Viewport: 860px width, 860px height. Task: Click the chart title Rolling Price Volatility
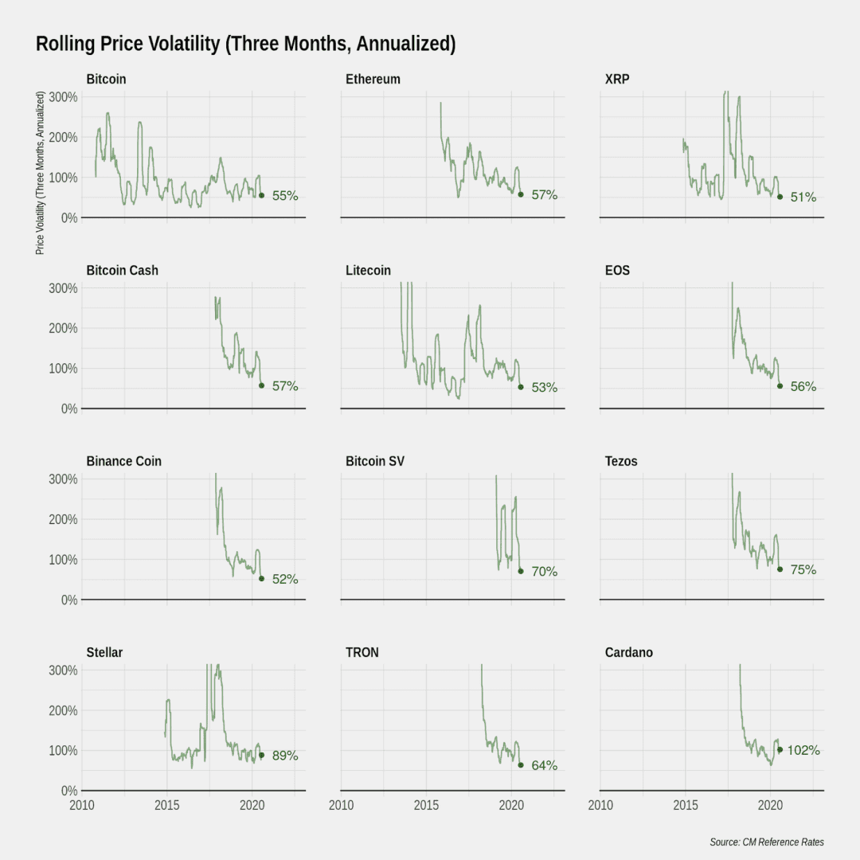point(246,44)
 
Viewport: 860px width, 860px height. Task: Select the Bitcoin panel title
point(107,79)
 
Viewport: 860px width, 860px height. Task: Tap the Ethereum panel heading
point(373,79)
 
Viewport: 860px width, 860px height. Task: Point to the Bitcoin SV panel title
point(375,461)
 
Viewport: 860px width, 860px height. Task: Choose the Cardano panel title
point(628,652)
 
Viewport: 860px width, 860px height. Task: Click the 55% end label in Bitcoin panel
point(285,196)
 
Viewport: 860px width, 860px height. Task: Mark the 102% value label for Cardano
point(803,750)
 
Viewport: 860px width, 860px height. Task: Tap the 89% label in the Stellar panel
point(285,756)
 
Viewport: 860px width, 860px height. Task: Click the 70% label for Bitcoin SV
point(545,572)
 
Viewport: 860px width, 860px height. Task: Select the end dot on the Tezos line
point(780,569)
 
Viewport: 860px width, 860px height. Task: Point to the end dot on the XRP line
point(780,197)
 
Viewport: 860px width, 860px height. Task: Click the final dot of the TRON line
point(521,765)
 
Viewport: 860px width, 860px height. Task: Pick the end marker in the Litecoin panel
point(521,387)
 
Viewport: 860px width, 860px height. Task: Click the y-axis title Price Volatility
point(40,173)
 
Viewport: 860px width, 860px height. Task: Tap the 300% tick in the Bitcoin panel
point(63,97)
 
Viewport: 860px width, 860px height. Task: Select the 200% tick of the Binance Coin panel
point(63,519)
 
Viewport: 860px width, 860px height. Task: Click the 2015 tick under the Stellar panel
point(166,805)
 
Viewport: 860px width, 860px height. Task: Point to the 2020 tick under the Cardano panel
point(771,805)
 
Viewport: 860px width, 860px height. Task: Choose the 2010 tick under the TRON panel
point(341,805)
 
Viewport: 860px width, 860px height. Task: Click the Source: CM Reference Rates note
point(767,842)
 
